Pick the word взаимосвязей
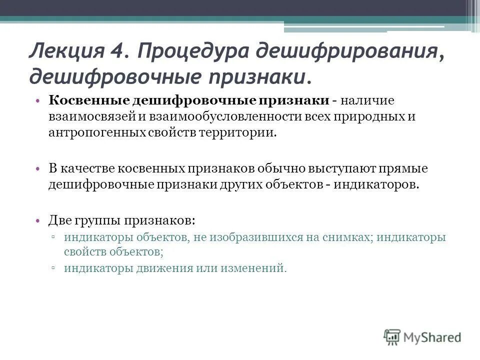87,116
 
